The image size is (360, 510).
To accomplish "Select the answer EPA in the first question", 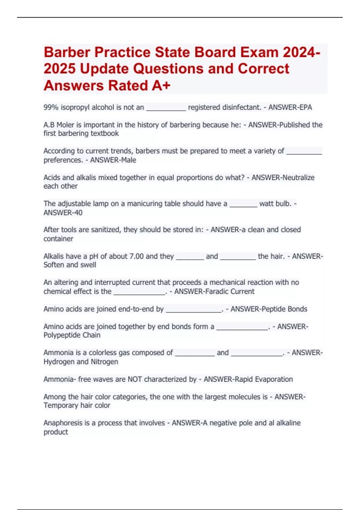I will [305, 107].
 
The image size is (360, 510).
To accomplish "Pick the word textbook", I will [105, 133].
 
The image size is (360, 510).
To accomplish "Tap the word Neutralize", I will [297, 178].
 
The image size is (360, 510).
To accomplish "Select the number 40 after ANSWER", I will [78, 213].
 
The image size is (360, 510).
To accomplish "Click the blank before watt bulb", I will [243, 204].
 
